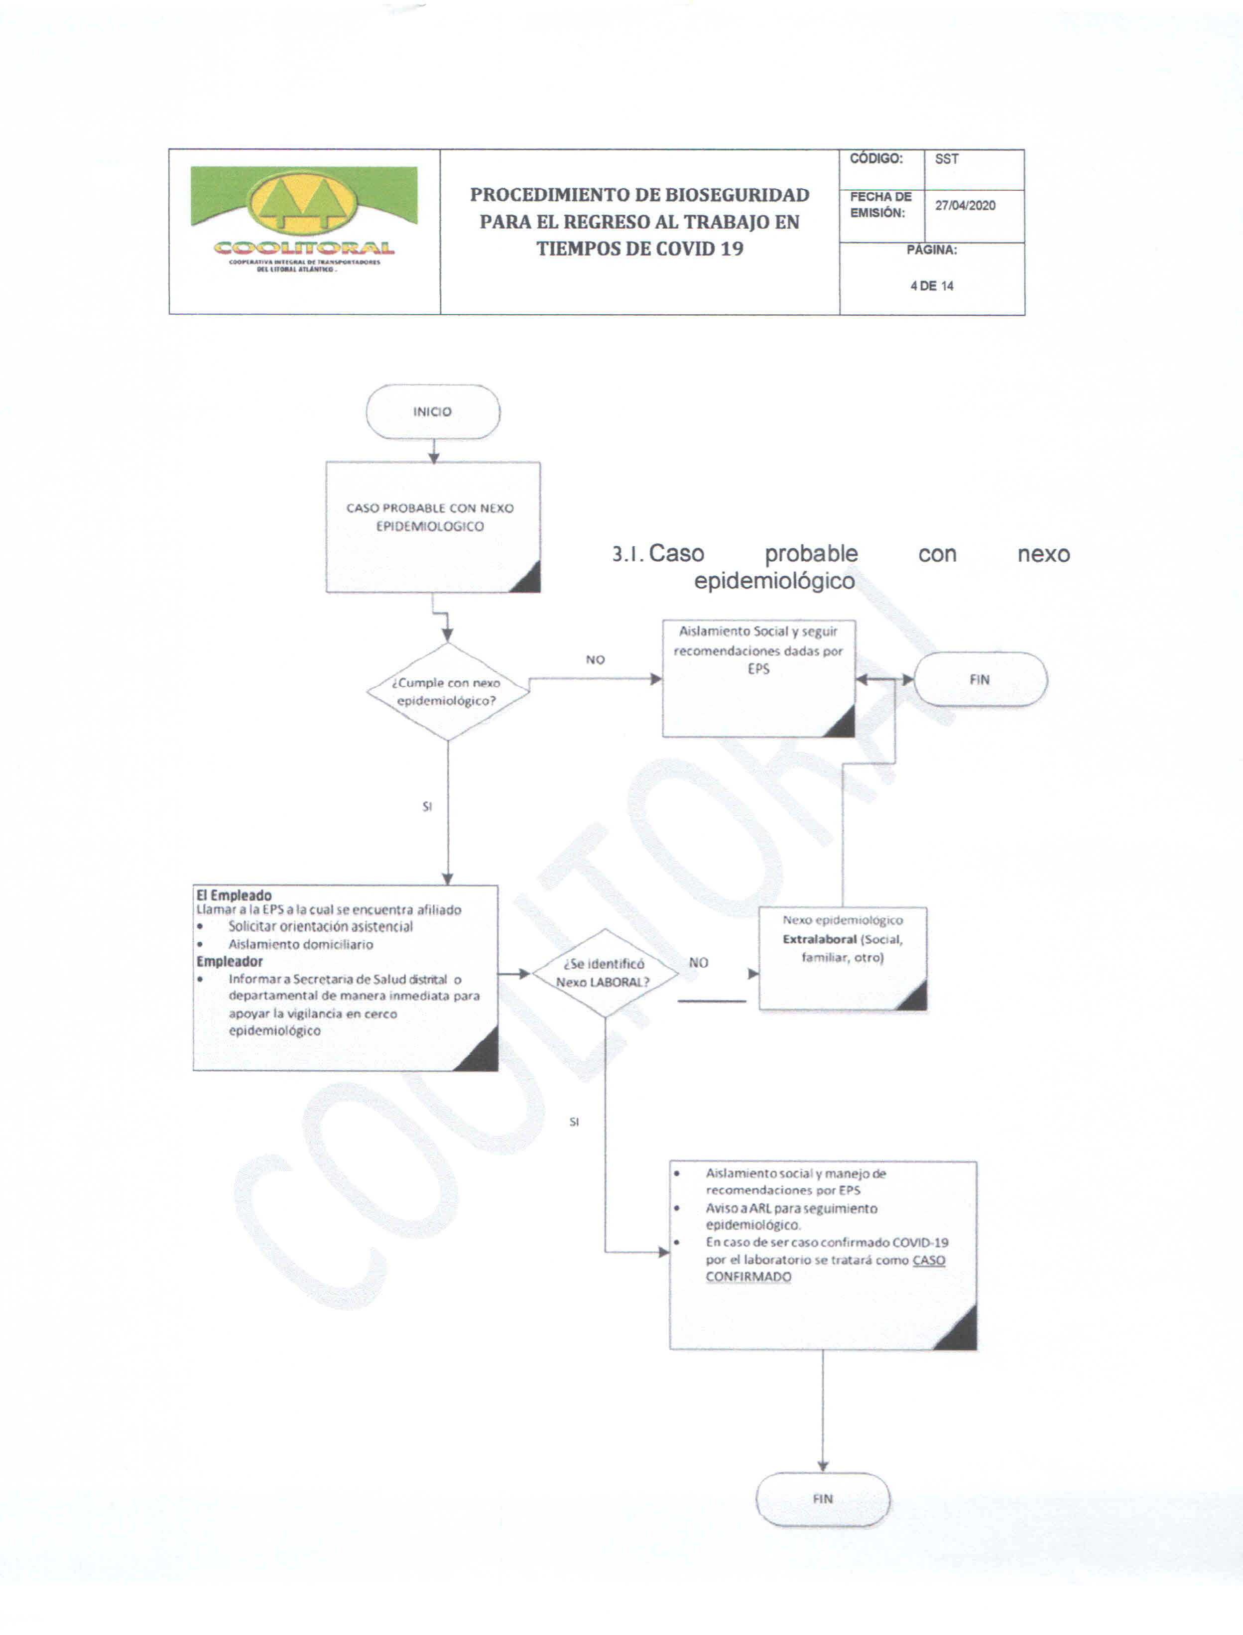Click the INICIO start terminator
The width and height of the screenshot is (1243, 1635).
[433, 411]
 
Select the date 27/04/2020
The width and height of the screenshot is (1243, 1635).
[965, 206]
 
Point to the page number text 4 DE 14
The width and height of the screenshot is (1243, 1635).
[932, 285]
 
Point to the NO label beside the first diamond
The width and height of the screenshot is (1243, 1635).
[596, 659]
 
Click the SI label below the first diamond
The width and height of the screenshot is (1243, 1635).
[427, 806]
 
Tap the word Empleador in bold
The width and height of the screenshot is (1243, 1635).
[230, 961]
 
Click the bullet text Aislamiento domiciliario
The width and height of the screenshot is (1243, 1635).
[300, 944]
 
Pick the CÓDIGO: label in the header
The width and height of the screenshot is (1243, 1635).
[876, 159]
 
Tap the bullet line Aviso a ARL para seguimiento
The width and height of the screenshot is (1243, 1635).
[791, 1208]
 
